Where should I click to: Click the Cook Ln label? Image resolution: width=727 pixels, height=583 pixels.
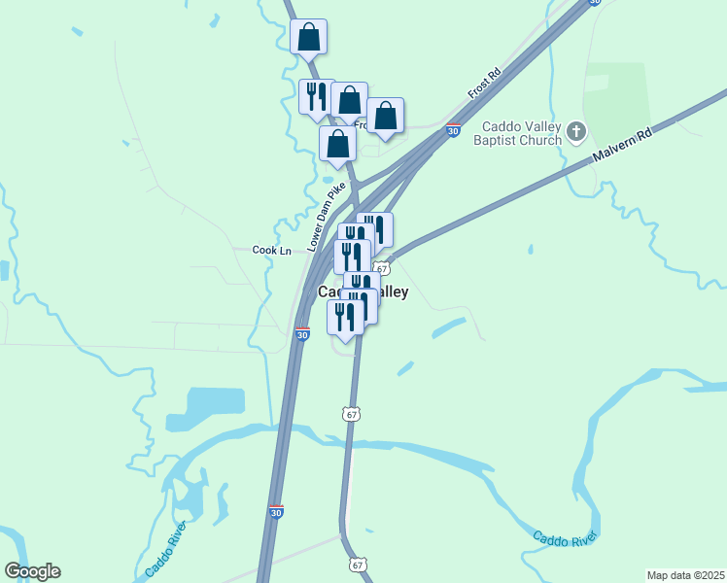pos(272,250)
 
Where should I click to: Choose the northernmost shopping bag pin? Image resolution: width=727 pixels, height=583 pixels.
pos(308,38)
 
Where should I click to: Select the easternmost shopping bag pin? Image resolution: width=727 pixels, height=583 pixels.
pos(385,116)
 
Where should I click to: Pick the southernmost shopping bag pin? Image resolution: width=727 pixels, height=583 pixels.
pos(337,144)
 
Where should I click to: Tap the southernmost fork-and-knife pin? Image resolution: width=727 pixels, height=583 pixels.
pos(345,317)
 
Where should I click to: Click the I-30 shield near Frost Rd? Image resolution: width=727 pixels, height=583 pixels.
pos(453,129)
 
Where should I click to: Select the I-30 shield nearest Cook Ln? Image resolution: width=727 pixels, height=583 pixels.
pos(302,334)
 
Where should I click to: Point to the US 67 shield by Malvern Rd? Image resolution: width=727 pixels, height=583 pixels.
pos(382,268)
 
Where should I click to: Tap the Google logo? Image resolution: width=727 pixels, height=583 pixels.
pos(32,571)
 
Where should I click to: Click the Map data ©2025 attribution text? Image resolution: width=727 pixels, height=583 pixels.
pos(686,575)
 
